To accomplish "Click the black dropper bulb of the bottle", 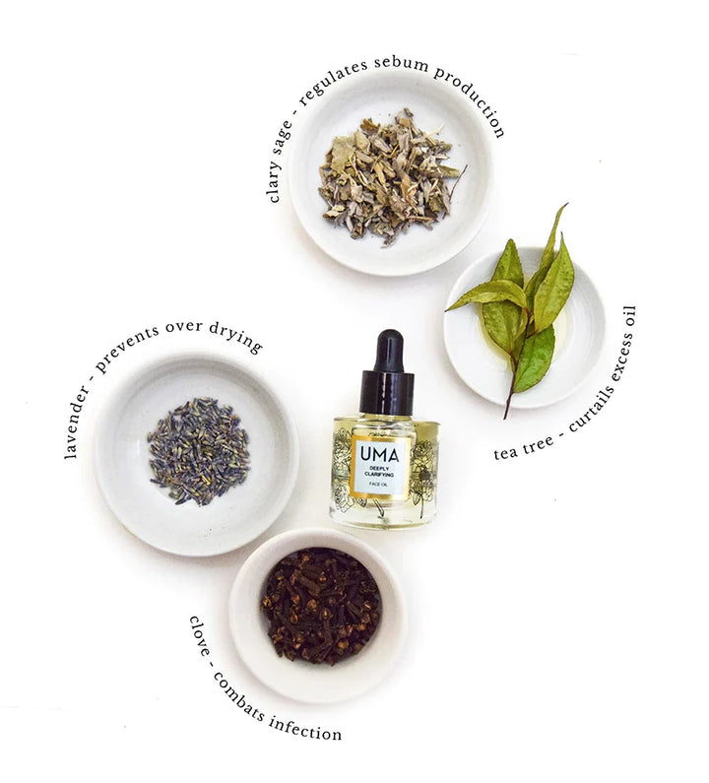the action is (x=388, y=350).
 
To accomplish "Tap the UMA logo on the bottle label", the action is (x=379, y=454).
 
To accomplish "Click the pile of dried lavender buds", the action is (x=199, y=450).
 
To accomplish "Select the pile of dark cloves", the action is (x=322, y=607).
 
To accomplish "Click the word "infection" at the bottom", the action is (x=305, y=726).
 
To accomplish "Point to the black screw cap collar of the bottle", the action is (x=387, y=393).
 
